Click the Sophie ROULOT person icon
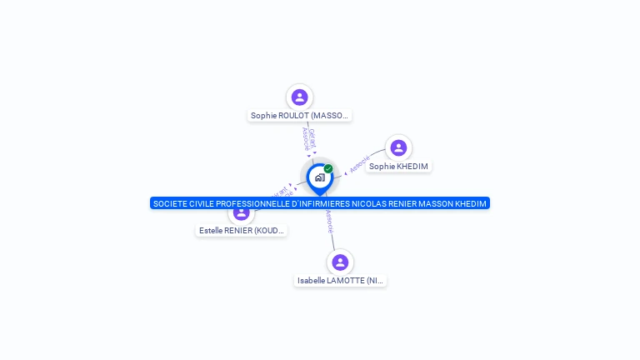(299, 97)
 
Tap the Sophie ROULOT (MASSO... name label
(299, 116)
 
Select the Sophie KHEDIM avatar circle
(398, 147)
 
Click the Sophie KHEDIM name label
(398, 167)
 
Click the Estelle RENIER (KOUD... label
(242, 230)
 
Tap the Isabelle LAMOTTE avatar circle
(340, 262)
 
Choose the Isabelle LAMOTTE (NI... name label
(341, 281)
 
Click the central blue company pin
(319, 177)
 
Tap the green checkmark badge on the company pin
(328, 168)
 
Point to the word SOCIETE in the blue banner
(170, 203)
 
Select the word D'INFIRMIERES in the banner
(320, 203)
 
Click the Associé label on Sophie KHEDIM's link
(359, 164)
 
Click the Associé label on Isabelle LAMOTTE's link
(330, 220)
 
